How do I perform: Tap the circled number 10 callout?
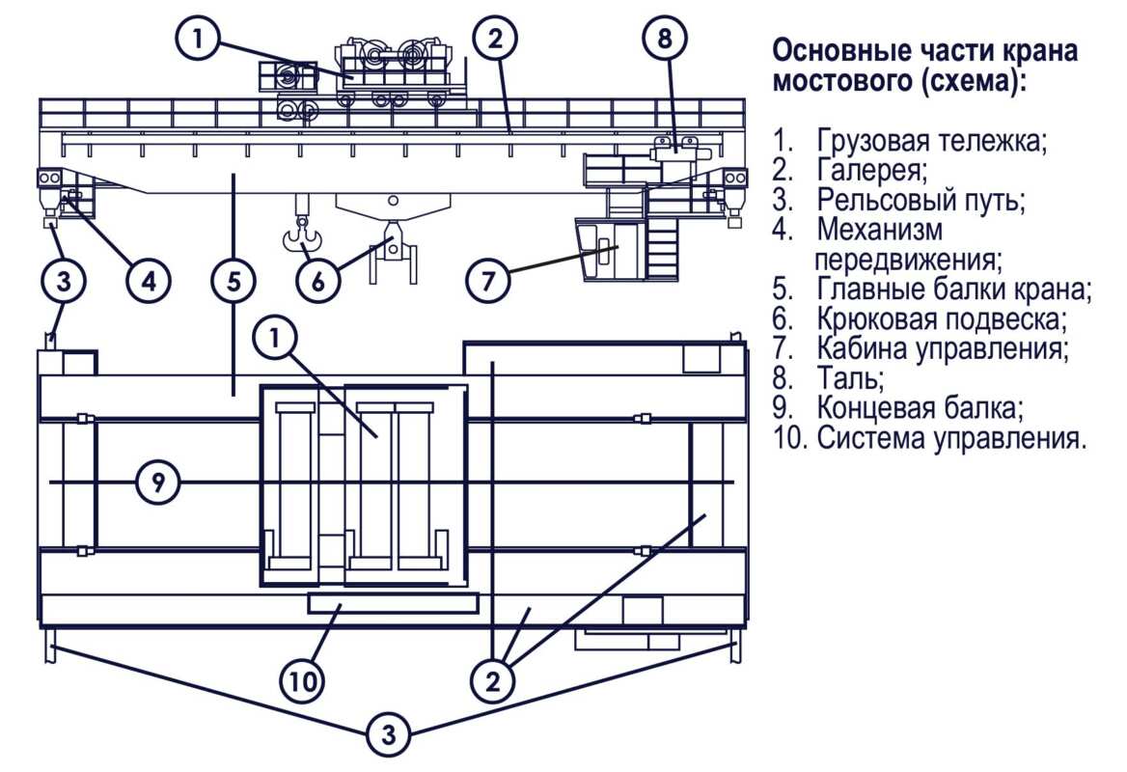click(303, 682)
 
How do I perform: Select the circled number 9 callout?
click(157, 482)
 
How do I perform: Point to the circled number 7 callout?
click(488, 281)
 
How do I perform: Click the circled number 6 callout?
click(318, 281)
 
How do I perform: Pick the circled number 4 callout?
click(149, 281)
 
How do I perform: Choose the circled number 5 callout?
click(234, 281)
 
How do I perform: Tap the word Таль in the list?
click(848, 376)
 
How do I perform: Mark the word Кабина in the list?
click(862, 347)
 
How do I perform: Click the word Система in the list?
click(871, 437)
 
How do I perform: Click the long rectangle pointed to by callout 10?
click(392, 603)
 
